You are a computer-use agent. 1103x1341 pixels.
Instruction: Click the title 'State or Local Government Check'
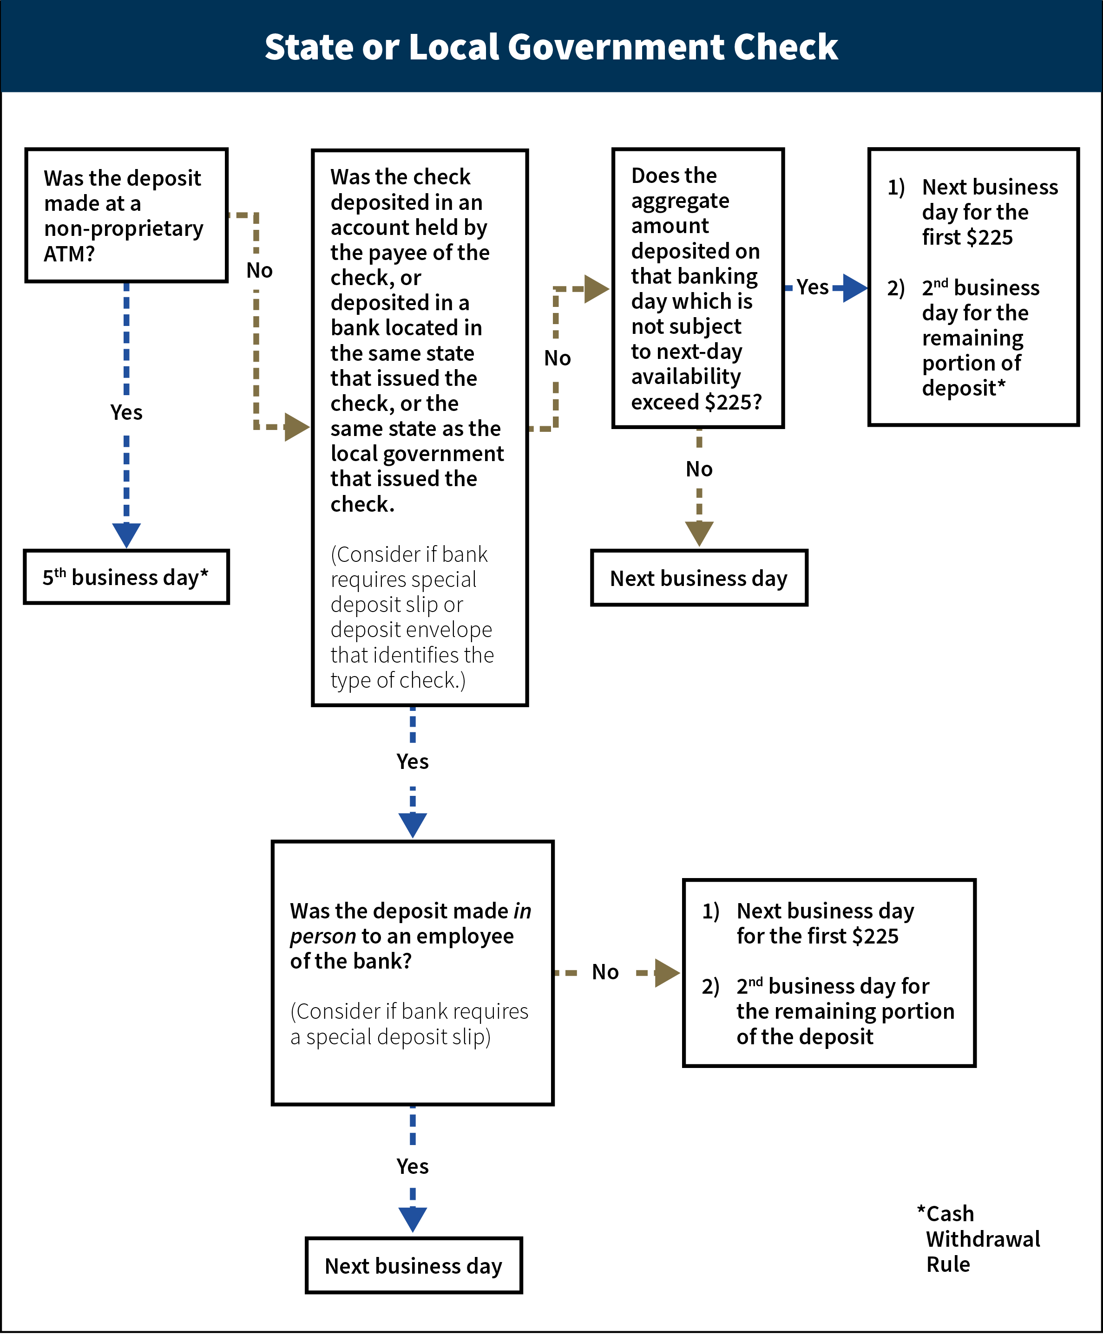(551, 47)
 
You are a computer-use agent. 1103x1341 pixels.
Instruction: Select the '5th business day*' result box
(126, 577)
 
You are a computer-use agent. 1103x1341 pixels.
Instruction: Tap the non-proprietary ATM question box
(126, 215)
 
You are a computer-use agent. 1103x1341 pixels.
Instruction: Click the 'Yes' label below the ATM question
(126, 412)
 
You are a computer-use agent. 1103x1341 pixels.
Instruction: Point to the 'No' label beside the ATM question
(259, 271)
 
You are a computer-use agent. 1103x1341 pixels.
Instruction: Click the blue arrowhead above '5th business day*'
(126, 534)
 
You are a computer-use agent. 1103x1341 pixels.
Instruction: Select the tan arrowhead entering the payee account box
(296, 427)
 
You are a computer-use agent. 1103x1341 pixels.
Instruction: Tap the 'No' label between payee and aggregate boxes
(557, 358)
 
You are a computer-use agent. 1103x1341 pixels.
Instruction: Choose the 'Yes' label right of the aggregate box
(813, 287)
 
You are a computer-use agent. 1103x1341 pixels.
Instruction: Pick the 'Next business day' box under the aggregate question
(699, 578)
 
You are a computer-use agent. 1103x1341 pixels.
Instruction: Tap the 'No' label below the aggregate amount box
(699, 469)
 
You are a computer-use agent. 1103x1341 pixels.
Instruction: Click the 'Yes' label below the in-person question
(413, 1166)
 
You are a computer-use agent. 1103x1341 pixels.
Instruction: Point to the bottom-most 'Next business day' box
(414, 1265)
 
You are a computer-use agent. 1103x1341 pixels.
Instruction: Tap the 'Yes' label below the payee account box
(413, 762)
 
